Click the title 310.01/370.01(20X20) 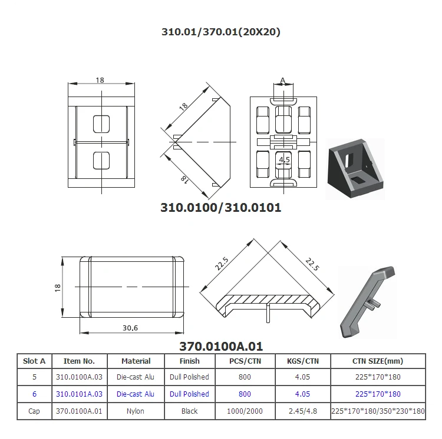pos(221,32)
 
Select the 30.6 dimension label pos(131,328)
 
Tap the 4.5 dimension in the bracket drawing pos(284,159)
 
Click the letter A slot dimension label pos(283,80)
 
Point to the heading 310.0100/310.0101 pos(221,207)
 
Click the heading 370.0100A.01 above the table pos(220,347)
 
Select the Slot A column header pos(34,361)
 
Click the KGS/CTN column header pos(302,361)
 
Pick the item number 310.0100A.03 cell pos(79,377)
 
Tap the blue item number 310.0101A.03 pos(79,394)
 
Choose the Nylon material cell pos(136,411)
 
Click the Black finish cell pos(189,411)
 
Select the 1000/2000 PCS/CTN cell pos(245,411)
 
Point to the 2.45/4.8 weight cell pos(302,411)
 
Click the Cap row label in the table pos(34,411)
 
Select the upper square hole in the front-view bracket pos(101,124)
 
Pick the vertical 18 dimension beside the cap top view pos(57,287)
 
